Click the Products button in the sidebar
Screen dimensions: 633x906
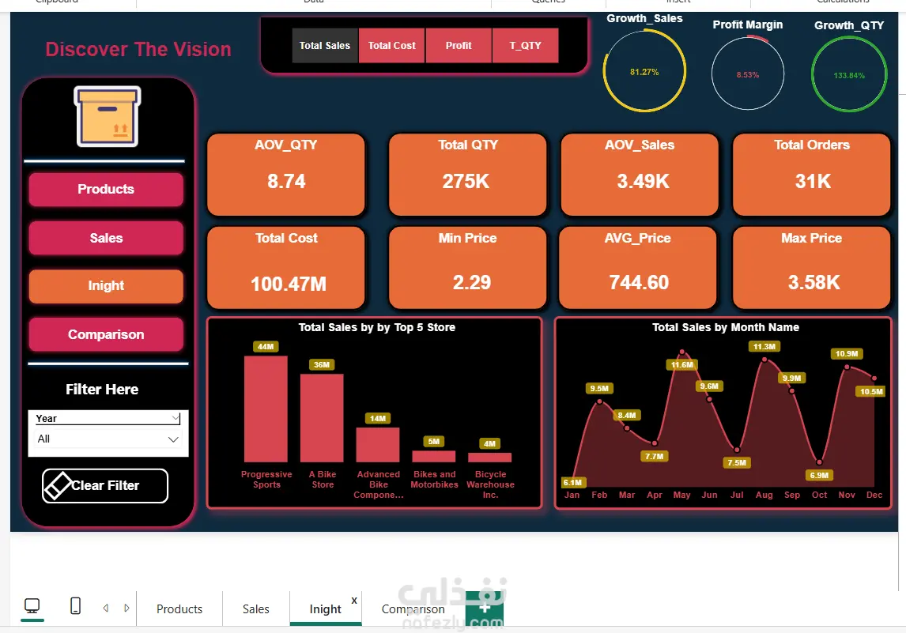(x=106, y=190)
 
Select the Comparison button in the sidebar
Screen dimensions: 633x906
(x=106, y=334)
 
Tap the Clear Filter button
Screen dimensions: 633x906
(x=105, y=486)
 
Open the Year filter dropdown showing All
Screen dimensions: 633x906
(x=108, y=439)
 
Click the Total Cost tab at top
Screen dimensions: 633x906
(x=392, y=46)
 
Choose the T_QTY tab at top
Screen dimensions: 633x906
(x=526, y=46)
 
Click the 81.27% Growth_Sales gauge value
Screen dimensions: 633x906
(x=644, y=72)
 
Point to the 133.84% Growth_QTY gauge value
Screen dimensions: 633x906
(x=849, y=76)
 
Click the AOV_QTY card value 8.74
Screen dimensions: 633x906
(x=286, y=182)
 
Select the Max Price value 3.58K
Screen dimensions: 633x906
(x=814, y=282)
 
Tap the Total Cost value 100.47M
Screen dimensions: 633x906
(x=289, y=284)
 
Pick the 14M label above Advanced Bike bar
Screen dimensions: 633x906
(x=378, y=418)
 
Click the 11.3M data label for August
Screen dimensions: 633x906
(x=764, y=347)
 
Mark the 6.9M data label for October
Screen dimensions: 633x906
(x=819, y=475)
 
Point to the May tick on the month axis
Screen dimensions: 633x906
(x=681, y=495)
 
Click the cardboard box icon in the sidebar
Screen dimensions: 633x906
(x=108, y=116)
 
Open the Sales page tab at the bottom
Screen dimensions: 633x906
(x=255, y=609)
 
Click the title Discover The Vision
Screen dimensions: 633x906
(x=138, y=50)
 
